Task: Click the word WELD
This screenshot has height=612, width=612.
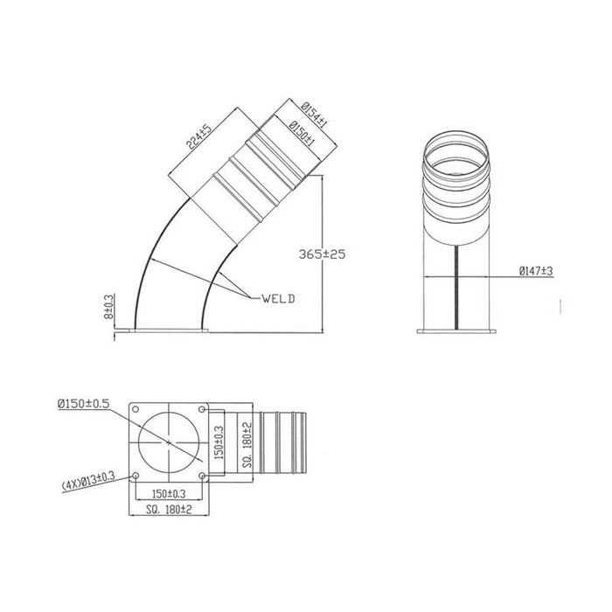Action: point(278,298)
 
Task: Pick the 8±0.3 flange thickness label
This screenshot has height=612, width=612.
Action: point(108,308)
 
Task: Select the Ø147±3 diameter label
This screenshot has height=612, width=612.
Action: point(535,272)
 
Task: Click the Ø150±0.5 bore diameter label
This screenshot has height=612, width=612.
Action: point(83,403)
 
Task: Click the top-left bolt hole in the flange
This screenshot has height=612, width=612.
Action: point(136,408)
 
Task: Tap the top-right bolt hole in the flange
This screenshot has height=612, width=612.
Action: point(204,408)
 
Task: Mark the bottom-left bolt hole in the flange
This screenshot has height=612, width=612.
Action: point(136,476)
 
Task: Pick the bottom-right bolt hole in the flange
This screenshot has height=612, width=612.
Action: point(204,476)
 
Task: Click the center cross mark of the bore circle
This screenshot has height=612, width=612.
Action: point(170,442)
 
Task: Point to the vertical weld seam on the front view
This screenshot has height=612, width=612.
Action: point(458,289)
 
